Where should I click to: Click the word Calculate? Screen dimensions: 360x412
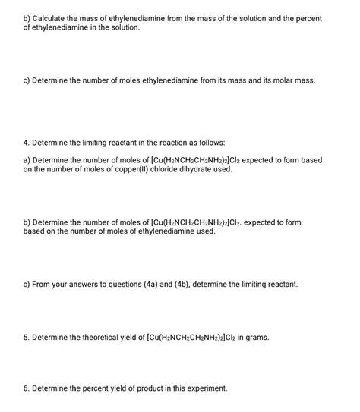pos(51,17)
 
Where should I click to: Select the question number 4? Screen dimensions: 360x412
pos(27,142)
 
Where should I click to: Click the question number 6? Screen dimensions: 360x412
pos(27,388)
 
